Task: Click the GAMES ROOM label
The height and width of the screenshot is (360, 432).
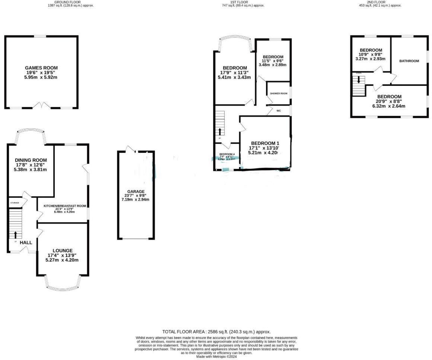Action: (41, 68)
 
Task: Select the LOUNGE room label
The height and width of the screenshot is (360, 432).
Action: (62, 251)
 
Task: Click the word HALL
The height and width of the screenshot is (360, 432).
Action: (26, 242)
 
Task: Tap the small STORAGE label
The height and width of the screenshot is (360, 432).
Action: (15, 203)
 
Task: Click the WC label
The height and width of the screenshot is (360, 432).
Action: (278, 110)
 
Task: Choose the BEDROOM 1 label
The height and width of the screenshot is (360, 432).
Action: (265, 143)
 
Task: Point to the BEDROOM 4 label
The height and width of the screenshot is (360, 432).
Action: (227, 154)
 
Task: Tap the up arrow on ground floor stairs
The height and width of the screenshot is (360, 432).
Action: (16, 235)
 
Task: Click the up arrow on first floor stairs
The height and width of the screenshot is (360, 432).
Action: (220, 131)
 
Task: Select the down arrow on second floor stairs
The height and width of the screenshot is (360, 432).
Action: (359, 79)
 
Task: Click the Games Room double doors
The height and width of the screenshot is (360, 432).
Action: (41, 106)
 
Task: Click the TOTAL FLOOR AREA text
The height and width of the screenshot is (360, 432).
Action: (216, 332)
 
